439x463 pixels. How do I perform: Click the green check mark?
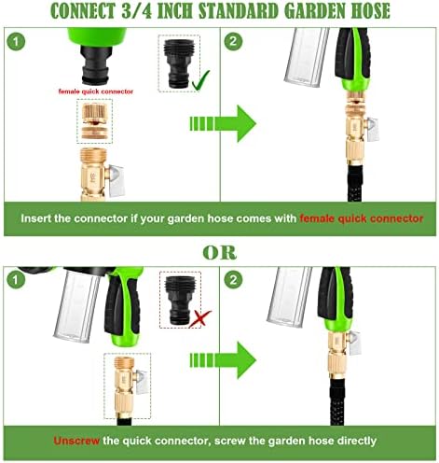(x=199, y=81)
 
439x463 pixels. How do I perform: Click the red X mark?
(x=199, y=318)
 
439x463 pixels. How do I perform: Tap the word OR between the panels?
(x=220, y=253)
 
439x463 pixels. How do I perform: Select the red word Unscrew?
(x=76, y=441)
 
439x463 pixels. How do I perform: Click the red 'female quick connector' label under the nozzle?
(x=96, y=91)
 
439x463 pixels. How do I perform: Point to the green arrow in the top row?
(x=223, y=123)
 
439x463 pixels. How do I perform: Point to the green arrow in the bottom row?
(x=223, y=360)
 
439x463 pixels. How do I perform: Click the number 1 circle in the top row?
(x=16, y=41)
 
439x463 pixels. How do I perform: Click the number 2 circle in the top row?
(x=233, y=41)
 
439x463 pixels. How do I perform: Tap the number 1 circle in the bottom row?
(x=15, y=280)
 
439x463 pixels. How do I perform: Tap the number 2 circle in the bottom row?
(x=233, y=280)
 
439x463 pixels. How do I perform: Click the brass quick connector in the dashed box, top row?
(x=94, y=121)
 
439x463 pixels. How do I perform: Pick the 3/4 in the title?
(x=137, y=11)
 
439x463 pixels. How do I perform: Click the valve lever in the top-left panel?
(x=116, y=180)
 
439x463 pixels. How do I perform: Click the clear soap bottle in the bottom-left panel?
(x=77, y=305)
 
